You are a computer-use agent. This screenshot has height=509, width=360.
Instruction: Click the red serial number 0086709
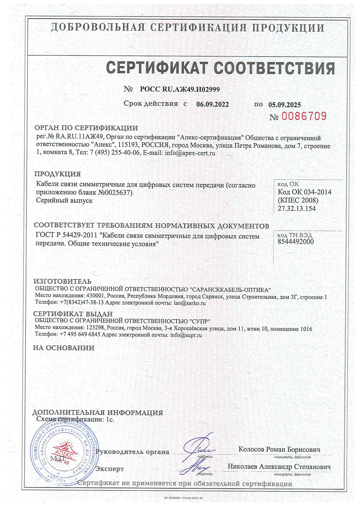click(304, 116)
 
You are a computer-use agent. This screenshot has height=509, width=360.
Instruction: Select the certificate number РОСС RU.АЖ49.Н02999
click(180, 89)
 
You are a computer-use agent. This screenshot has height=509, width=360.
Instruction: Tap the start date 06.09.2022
click(212, 104)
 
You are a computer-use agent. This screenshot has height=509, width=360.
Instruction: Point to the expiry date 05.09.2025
click(284, 105)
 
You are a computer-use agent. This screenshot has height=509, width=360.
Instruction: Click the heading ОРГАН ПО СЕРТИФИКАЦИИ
click(86, 128)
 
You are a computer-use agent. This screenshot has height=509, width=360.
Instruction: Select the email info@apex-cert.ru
click(190, 153)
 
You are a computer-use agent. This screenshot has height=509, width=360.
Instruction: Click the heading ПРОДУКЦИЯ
click(58, 174)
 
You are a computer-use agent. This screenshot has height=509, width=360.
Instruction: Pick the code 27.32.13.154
click(297, 208)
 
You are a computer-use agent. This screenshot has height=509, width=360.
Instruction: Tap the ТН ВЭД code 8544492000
click(296, 241)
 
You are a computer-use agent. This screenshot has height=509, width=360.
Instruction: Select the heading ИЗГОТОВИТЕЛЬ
click(63, 281)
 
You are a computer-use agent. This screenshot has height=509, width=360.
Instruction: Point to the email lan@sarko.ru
click(190, 303)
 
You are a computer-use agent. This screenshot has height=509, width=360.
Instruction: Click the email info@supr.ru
click(186, 335)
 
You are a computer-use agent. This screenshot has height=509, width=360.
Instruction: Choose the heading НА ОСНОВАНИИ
click(64, 348)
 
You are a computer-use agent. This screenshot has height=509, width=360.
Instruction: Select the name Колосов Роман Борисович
click(279, 449)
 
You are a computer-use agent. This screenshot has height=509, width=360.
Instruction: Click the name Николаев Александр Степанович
click(279, 467)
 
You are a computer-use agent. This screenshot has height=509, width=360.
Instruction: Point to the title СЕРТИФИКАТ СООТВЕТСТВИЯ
click(220, 68)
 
